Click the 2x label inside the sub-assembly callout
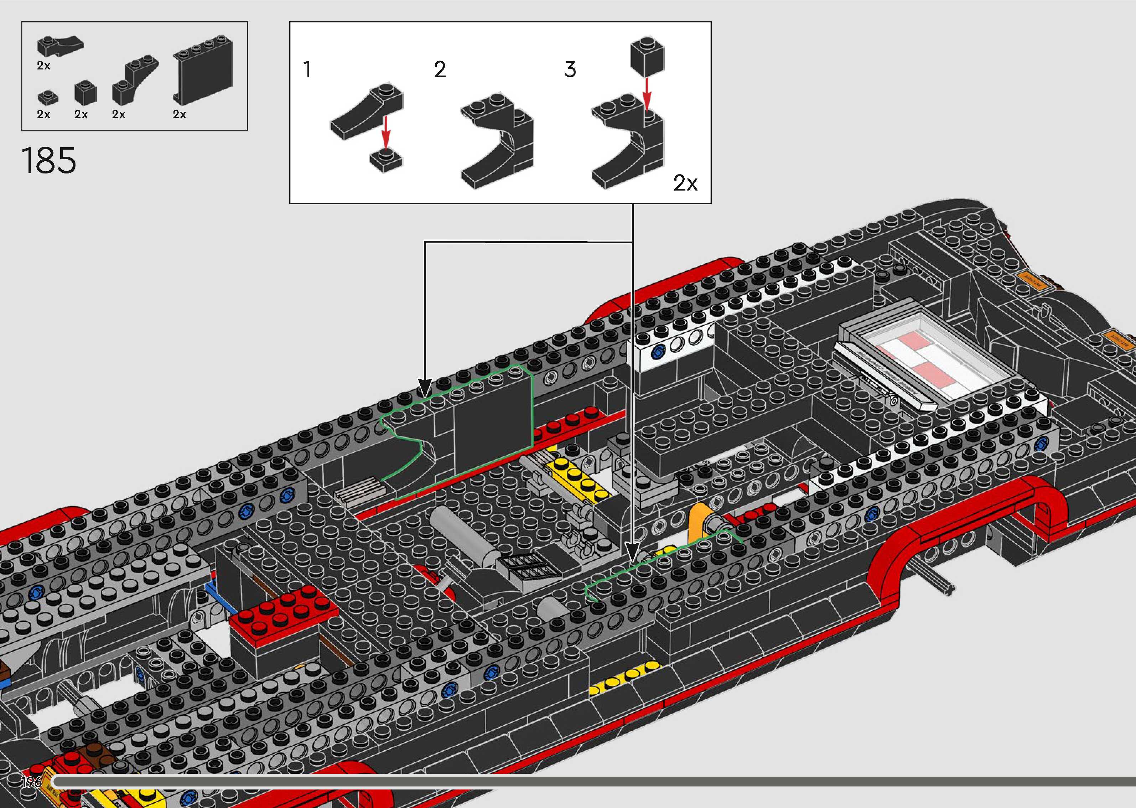(x=685, y=183)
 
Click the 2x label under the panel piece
(x=179, y=114)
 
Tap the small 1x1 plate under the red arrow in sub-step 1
(x=386, y=159)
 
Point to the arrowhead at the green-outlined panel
(x=424, y=388)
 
